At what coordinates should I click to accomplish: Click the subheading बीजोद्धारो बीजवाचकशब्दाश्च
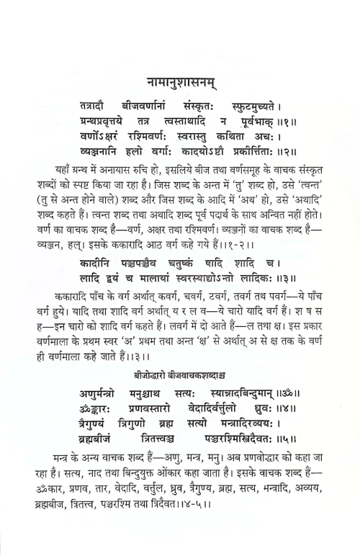click(x=180, y=377)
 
